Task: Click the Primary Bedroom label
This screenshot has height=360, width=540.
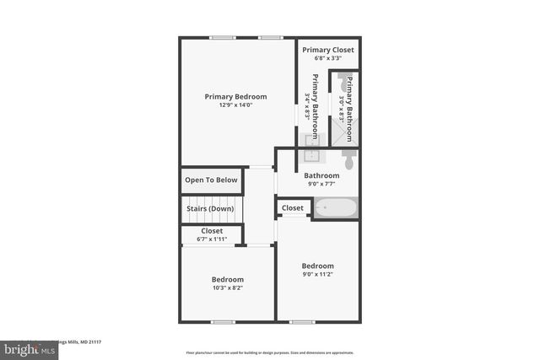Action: point(235,96)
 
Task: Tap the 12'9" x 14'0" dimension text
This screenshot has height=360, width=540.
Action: point(235,105)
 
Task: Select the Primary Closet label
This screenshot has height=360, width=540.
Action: point(328,50)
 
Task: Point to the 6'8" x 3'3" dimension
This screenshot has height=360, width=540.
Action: point(328,59)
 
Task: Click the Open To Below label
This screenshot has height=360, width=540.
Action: point(212,180)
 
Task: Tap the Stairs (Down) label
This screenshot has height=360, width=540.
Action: point(210,208)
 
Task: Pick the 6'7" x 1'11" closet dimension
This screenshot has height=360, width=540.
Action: point(212,239)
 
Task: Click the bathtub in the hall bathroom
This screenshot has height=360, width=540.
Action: point(335,207)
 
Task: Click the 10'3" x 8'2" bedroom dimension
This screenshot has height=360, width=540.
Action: point(228,288)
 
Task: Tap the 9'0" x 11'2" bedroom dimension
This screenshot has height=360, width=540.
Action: point(318,275)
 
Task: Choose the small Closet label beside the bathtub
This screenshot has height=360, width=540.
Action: point(293,207)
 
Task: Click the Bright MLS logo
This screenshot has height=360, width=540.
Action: point(26,348)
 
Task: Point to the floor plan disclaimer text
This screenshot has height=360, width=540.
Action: point(269,352)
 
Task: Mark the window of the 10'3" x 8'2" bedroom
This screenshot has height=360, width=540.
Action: point(223,321)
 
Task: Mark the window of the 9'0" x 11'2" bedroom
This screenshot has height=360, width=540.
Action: point(302,321)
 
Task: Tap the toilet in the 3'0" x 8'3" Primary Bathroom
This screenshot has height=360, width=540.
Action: point(346,85)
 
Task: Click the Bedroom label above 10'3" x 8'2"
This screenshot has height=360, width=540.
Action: point(228,280)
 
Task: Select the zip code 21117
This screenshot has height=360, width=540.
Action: point(91,341)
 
